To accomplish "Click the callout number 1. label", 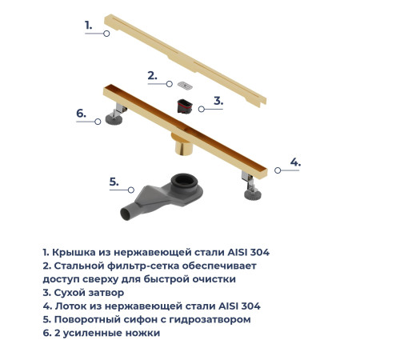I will coord(89,26).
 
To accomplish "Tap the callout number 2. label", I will coord(152,76).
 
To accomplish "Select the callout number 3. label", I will coord(218,102).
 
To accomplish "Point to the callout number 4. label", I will coord(295,162).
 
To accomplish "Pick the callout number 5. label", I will coord(114,182).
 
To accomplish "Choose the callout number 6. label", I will coord(81,114).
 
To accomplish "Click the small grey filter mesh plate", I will coord(186,84).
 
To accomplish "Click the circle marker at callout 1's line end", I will coord(108,34).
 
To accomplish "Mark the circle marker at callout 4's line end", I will coord(277,170).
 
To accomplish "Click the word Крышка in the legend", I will coord(75,252).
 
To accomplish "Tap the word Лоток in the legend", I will coord(74,306).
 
